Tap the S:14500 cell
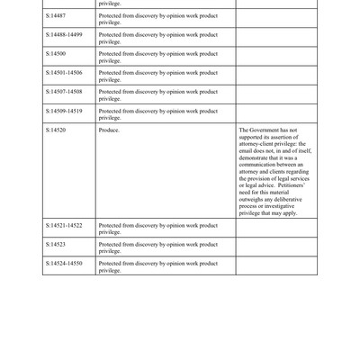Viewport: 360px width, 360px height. pos(55,53)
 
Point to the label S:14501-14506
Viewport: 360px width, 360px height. pos(64,72)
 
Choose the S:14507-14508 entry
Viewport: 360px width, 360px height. pos(64,91)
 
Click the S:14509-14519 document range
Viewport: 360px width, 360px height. pos(64,110)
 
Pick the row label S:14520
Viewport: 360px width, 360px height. pos(55,130)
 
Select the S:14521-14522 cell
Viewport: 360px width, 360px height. pos(64,224)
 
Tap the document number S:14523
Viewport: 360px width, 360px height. pos(55,243)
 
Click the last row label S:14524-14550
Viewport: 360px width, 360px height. pos(64,262)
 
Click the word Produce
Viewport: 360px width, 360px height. pos(109,130)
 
